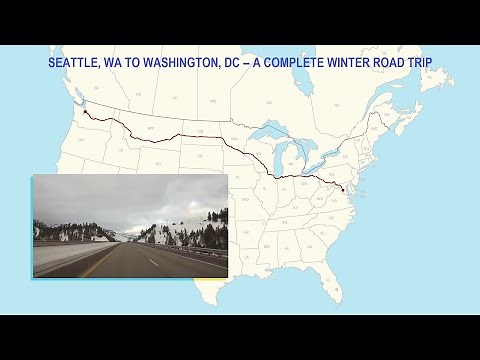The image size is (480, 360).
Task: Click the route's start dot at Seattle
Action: coord(85,112)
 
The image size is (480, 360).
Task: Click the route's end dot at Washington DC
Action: coord(343,188)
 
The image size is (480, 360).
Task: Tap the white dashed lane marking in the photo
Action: coord(152,262)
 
